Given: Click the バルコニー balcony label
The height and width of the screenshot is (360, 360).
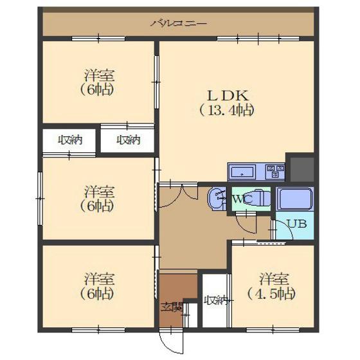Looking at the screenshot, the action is [x=179, y=23].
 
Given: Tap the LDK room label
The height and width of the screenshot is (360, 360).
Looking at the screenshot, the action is [x=228, y=96].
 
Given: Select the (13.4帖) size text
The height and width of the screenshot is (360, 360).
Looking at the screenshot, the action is [x=227, y=111].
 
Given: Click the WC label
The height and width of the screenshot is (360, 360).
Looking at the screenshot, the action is [x=242, y=199].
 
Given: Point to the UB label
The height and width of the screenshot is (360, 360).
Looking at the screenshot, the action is [x=297, y=224].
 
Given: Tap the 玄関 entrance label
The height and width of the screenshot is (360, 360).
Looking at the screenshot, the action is [x=171, y=307].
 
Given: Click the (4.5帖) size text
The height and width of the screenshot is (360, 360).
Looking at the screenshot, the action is [x=271, y=294].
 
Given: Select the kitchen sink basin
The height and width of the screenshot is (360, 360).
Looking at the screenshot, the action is [x=242, y=172].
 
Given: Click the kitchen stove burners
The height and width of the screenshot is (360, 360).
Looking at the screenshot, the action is [x=275, y=171].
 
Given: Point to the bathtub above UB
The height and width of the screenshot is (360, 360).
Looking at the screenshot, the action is [x=295, y=199].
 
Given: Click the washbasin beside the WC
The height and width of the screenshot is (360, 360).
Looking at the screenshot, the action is [x=217, y=199].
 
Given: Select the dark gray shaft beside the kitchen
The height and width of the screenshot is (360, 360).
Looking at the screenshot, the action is [x=302, y=169].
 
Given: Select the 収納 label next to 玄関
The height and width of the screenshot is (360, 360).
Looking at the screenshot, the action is [x=216, y=300].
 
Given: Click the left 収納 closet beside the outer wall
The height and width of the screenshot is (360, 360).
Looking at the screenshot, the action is [x=69, y=141].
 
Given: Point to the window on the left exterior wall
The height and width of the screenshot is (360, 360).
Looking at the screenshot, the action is [x=40, y=199].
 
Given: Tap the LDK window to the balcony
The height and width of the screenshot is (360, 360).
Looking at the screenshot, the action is [x=258, y=39].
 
